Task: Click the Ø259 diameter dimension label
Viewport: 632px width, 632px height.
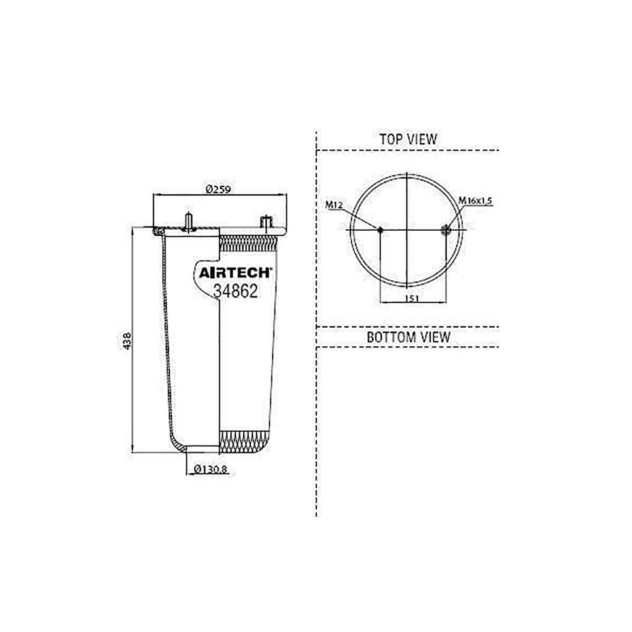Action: [218, 189]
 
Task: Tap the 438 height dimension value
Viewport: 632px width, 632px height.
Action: [127, 341]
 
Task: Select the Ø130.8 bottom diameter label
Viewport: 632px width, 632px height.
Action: [211, 469]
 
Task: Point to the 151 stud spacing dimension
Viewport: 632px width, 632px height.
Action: [412, 298]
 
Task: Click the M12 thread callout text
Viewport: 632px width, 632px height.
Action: [334, 206]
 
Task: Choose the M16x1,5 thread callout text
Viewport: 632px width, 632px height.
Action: [476, 201]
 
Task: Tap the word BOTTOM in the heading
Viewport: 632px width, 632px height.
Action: [391, 337]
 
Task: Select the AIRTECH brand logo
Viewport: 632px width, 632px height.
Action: [236, 273]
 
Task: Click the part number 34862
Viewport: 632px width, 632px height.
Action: [235, 291]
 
